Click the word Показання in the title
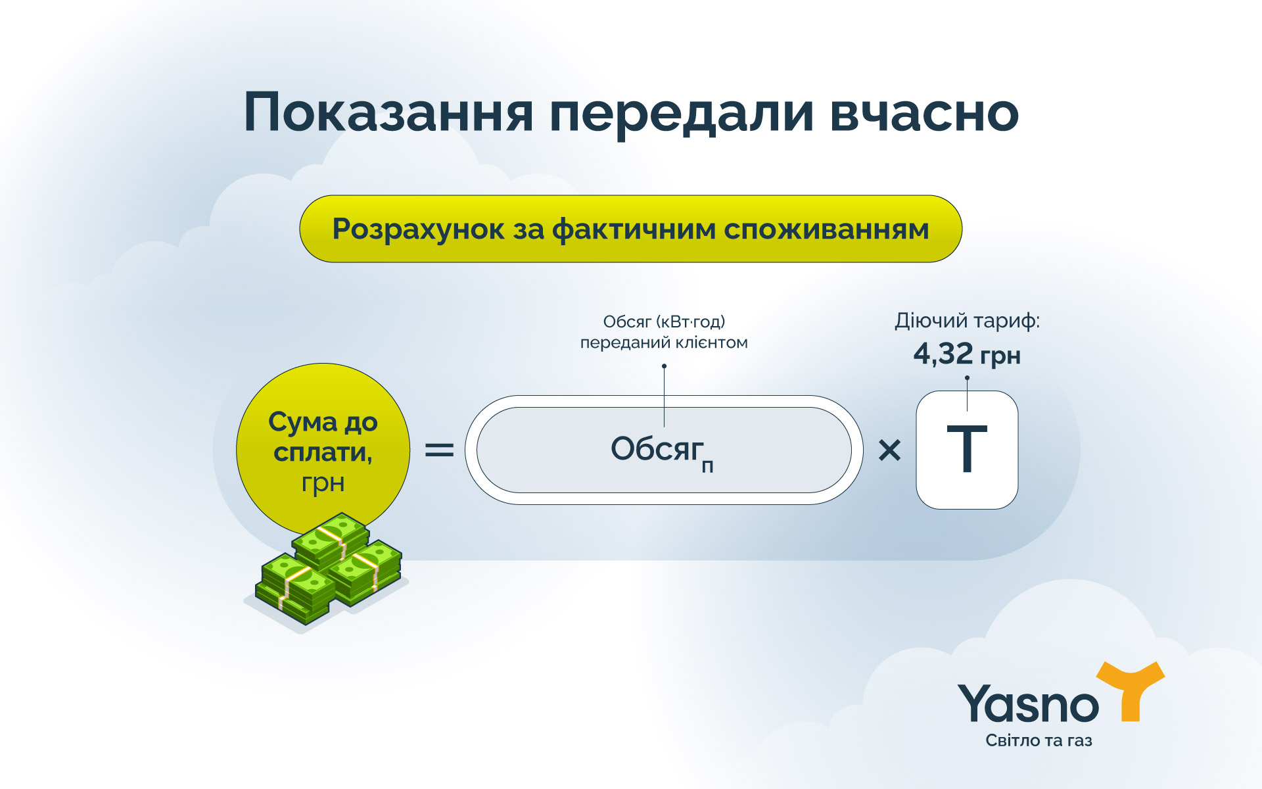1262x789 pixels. pyautogui.click(x=388, y=113)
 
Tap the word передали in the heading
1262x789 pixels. pyautogui.click(x=681, y=113)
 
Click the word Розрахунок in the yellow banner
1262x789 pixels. pyautogui.click(x=418, y=229)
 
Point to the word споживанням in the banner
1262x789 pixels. pyautogui.click(x=826, y=229)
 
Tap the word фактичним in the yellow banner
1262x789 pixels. pyautogui.click(x=633, y=229)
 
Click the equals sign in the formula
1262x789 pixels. pyautogui.click(x=439, y=450)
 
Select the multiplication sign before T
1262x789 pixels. pyautogui.click(x=889, y=450)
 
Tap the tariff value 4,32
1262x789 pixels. pyautogui.click(x=943, y=354)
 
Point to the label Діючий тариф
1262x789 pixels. pyautogui.click(x=967, y=321)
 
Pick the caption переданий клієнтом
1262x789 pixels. pyautogui.click(x=664, y=343)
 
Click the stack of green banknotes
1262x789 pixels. pyautogui.click(x=329, y=569)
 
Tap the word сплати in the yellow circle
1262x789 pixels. pyautogui.click(x=322, y=452)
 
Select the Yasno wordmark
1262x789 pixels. pyautogui.click(x=1027, y=704)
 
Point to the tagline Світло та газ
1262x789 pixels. pyautogui.click(x=1039, y=740)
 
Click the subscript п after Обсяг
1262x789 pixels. pyautogui.click(x=707, y=467)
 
